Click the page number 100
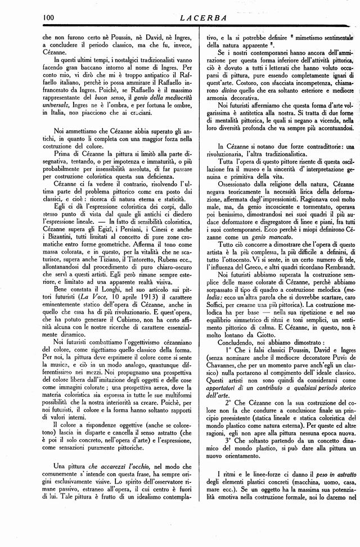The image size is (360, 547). [x=49, y=17]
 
